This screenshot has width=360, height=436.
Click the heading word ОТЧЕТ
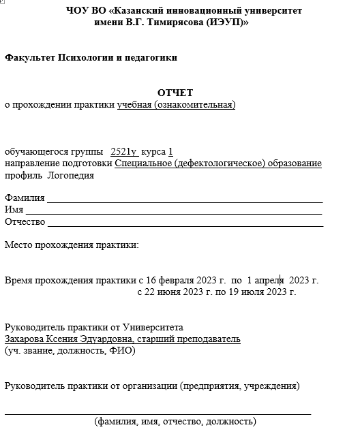[x=175, y=93]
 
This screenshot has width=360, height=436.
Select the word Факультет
[x=28, y=57]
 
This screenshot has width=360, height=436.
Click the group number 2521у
[x=123, y=151]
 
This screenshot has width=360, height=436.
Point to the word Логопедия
[x=70, y=175]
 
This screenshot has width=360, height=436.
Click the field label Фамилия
[x=25, y=198]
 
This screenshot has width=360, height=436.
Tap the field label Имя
[x=14, y=210]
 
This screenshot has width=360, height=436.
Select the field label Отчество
[x=25, y=221]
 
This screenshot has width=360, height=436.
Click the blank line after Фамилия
[x=184, y=201]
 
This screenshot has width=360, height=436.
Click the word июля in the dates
[x=253, y=292]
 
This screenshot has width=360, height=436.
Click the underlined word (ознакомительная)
[x=194, y=104]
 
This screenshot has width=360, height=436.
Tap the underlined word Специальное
[x=144, y=163]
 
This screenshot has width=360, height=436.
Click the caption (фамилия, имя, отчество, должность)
[x=175, y=422]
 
